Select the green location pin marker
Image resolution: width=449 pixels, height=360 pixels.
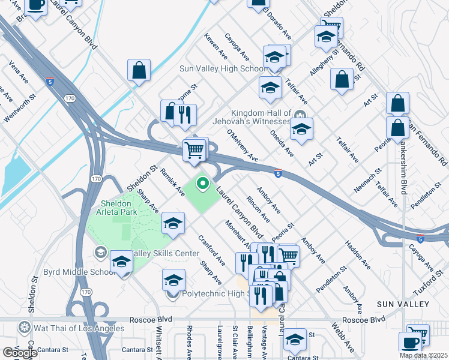(x=203, y=184)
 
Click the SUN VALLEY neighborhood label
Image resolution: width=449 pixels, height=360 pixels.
(x=403, y=304)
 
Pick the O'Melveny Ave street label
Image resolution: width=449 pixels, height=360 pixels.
(x=242, y=146)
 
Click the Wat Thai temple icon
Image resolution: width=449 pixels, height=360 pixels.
(x=25, y=328)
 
